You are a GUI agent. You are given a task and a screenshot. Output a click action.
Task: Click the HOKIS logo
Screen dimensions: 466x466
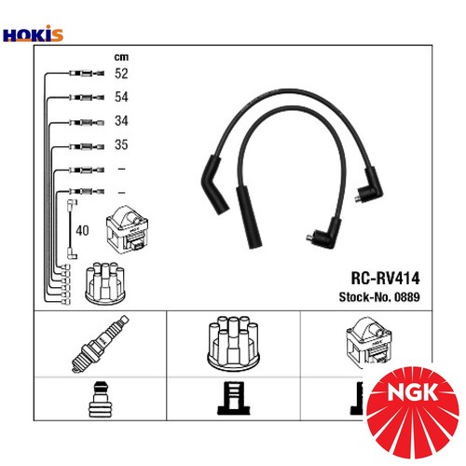(x=34, y=35)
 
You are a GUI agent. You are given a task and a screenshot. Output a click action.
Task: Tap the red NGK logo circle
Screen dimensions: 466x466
(x=417, y=416)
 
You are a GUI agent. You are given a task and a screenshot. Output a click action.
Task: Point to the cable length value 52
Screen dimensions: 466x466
(x=121, y=74)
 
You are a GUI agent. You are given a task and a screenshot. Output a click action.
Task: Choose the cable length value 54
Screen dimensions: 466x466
(x=121, y=98)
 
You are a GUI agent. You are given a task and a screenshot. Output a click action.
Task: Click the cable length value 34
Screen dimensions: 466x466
(x=121, y=122)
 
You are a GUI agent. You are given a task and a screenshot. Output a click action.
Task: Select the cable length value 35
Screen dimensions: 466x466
(x=121, y=145)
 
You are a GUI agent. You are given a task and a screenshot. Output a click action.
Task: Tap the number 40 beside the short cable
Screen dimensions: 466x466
(x=82, y=229)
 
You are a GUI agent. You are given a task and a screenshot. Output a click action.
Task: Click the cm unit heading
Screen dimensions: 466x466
(x=120, y=55)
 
